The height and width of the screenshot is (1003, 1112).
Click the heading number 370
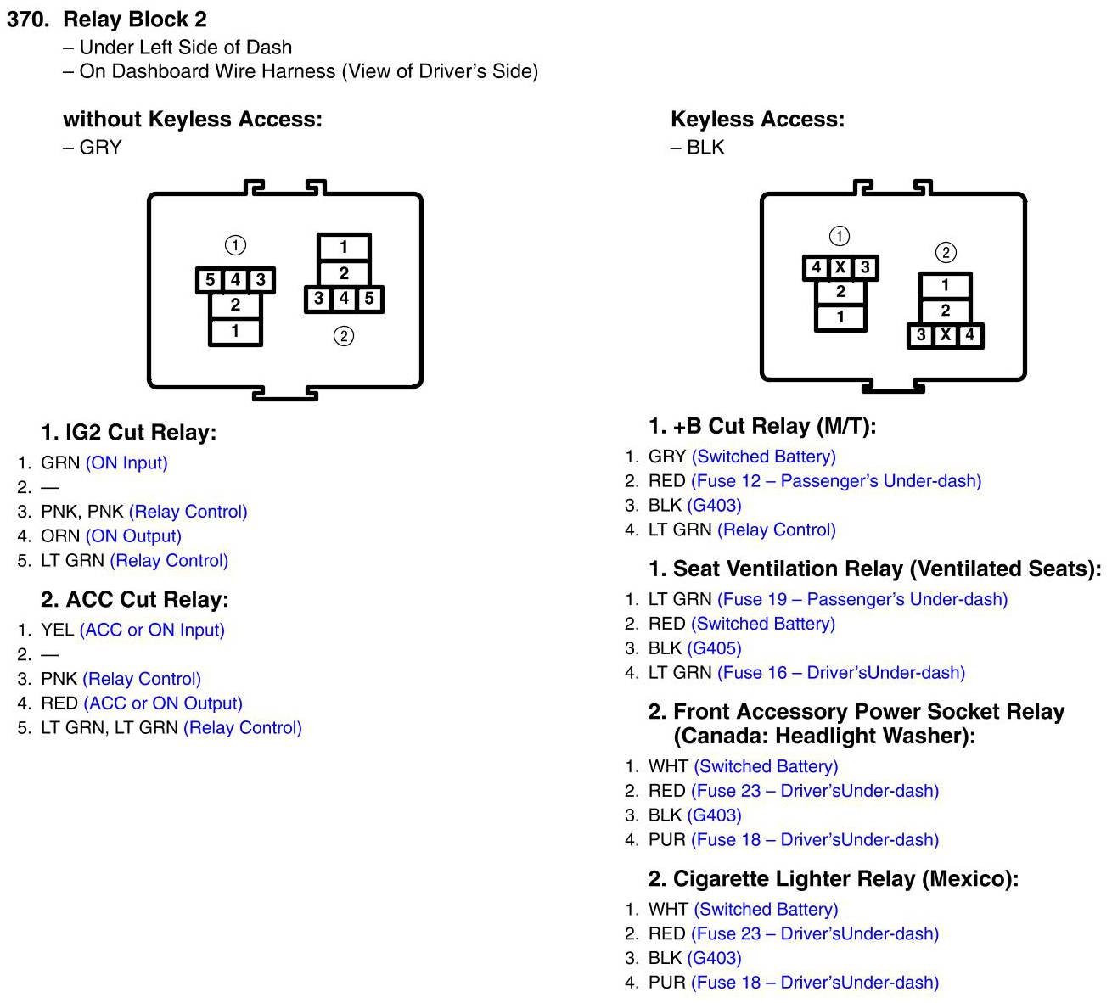pos(29,20)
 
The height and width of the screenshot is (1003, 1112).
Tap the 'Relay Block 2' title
pos(135,20)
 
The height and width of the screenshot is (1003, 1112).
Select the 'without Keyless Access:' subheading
pos(193,120)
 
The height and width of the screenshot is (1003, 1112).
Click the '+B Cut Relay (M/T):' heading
pos(761,426)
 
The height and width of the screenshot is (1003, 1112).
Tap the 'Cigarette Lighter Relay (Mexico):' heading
pos(833,878)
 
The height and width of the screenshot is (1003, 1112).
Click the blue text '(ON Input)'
pos(126,463)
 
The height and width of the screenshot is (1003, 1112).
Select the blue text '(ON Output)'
pos(133,536)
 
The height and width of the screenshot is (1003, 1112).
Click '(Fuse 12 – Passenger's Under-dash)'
pos(836,481)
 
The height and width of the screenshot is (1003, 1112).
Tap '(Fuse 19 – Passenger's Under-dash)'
pos(862,599)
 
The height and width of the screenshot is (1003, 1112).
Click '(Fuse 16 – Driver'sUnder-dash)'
pos(841,673)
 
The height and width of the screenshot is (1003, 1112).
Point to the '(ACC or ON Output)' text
pos(163,703)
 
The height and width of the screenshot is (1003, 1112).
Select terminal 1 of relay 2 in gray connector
pos(344,247)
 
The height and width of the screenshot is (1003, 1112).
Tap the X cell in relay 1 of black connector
pos(840,268)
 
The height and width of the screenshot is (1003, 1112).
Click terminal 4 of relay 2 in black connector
pos(969,335)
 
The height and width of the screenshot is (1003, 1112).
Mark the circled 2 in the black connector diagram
pos(945,252)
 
